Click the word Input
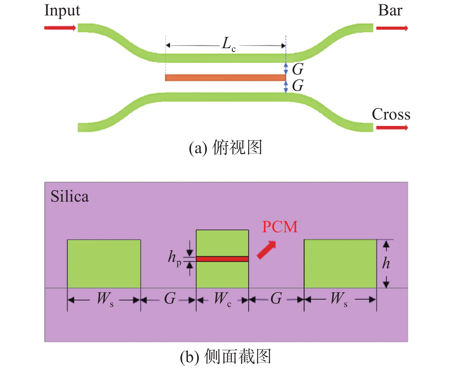(x=62, y=11)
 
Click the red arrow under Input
(x=60, y=28)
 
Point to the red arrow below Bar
(x=392, y=28)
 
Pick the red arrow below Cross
(x=392, y=128)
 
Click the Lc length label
(x=228, y=44)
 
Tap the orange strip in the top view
(x=225, y=78)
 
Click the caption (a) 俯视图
(x=225, y=148)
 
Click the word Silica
(x=70, y=196)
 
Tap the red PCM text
(x=280, y=227)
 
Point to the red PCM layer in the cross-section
(x=222, y=259)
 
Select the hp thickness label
(x=174, y=259)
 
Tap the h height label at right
(x=386, y=263)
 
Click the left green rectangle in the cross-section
(x=104, y=264)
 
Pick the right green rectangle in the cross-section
(x=340, y=264)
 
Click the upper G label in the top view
(x=297, y=69)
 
